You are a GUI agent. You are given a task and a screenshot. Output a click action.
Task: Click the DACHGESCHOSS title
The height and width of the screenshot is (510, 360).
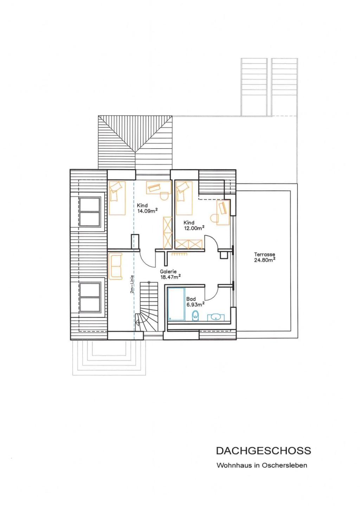click(x=263, y=451)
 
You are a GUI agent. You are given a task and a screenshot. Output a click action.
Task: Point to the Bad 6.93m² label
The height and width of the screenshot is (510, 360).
click(x=195, y=302)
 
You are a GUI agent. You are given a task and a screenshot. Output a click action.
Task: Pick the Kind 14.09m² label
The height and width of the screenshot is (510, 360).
click(x=147, y=208)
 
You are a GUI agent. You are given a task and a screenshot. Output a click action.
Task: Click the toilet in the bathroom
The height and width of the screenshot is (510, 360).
click(x=195, y=315)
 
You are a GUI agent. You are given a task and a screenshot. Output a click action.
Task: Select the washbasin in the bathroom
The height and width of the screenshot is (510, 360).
click(x=216, y=317)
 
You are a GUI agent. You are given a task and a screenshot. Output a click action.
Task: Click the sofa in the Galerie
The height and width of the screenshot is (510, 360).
click(x=115, y=266)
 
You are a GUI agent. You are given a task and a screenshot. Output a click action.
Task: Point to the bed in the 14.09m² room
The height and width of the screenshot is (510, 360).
click(x=117, y=198)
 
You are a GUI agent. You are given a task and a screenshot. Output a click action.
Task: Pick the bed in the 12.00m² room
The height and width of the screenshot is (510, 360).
click(x=184, y=198)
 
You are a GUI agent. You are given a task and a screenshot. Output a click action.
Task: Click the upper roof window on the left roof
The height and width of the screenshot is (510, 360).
click(x=90, y=212)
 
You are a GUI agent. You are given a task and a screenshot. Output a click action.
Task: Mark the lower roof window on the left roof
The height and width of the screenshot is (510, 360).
click(x=90, y=297)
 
